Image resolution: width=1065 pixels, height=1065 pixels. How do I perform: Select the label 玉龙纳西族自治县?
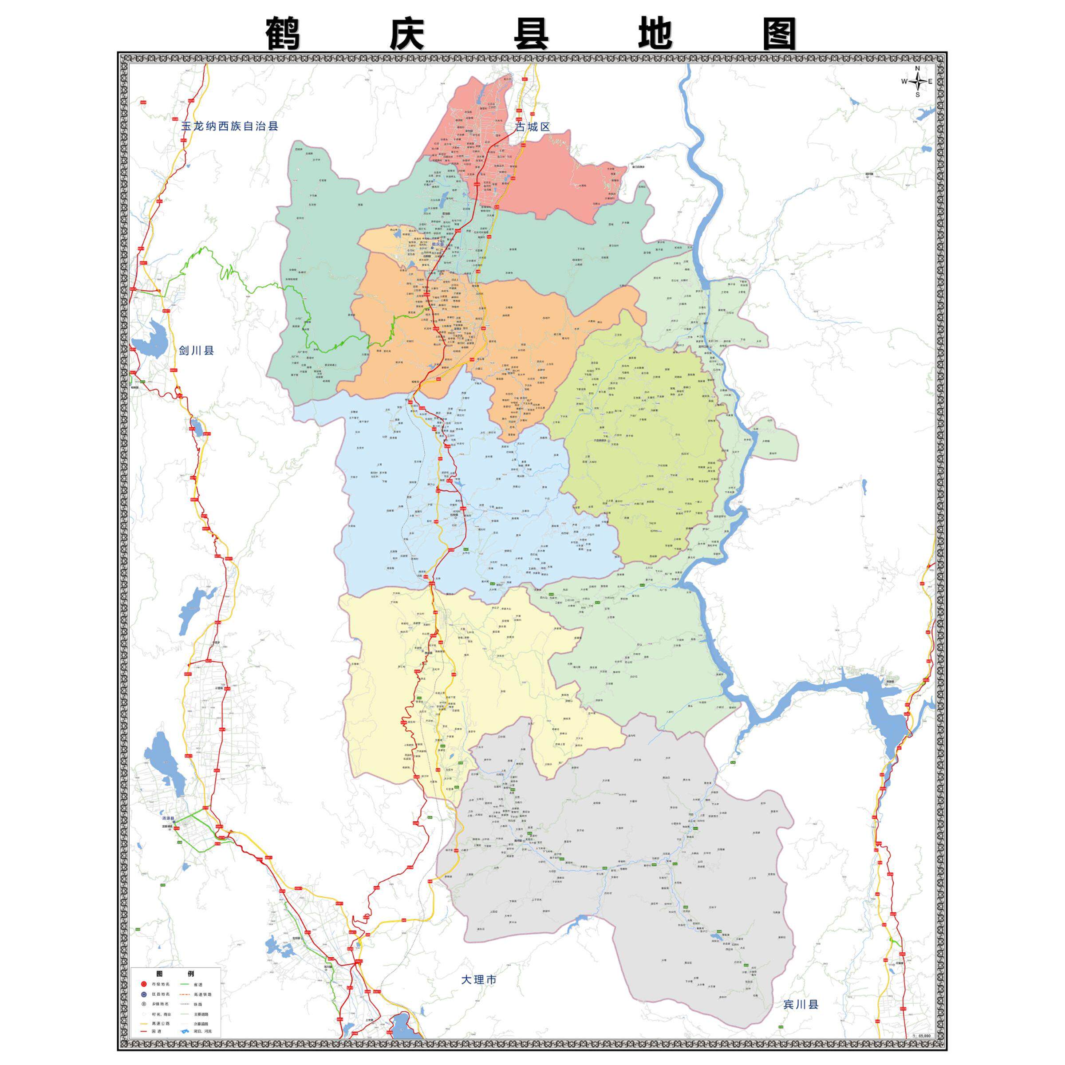click(230, 126)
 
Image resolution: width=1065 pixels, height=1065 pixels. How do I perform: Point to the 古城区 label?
click(532, 127)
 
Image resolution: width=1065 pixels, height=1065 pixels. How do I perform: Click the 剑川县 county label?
click(196, 351)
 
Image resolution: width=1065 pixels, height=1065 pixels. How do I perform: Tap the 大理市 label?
click(479, 979)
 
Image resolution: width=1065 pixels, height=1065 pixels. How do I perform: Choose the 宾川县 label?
click(801, 1019)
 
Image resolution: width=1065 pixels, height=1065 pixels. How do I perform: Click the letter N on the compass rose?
click(917, 68)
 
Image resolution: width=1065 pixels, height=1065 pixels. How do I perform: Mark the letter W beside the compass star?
click(904, 82)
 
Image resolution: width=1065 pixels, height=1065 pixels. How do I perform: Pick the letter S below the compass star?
click(918, 94)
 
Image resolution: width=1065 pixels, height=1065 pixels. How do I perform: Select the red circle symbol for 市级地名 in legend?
click(144, 983)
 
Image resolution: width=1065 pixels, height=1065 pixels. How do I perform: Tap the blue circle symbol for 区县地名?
click(144, 994)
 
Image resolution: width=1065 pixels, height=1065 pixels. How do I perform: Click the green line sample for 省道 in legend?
click(185, 983)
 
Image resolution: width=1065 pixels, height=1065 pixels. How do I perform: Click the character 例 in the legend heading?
click(191, 974)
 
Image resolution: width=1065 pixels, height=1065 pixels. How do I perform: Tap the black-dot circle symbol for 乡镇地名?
click(144, 1004)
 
